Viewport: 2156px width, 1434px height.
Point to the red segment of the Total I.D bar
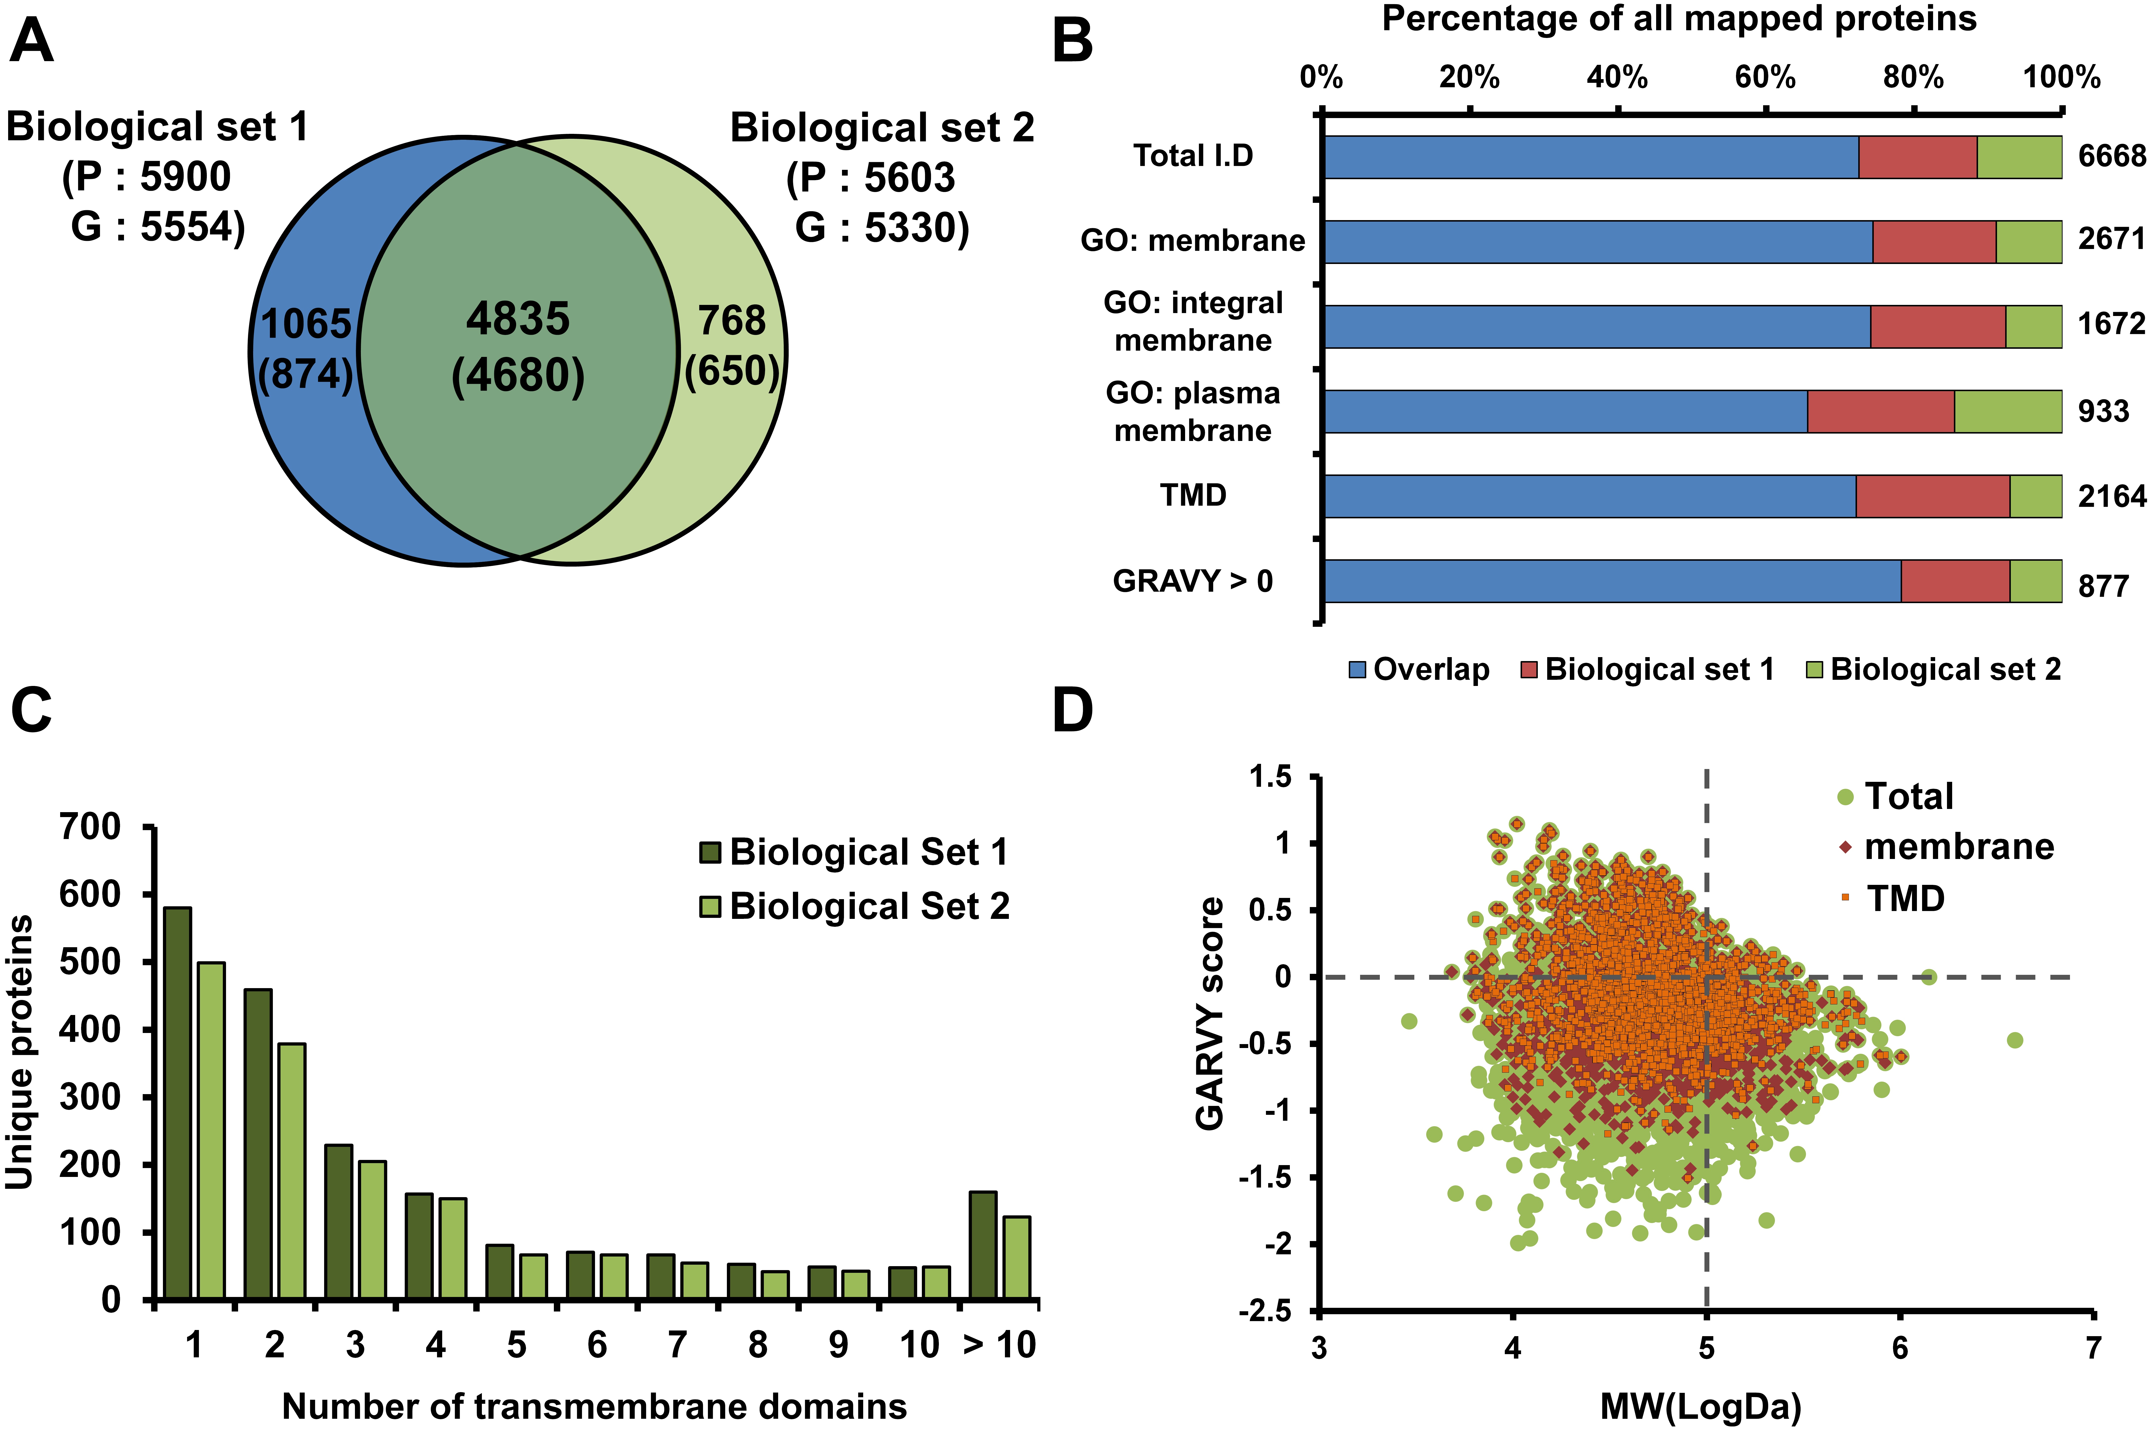1917,157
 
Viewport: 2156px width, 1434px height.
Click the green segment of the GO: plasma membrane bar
2008,412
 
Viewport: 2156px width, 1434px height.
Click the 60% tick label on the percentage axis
1765,77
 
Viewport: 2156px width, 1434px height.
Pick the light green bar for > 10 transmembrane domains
1017,1258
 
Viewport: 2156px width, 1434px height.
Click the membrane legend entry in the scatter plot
1946,847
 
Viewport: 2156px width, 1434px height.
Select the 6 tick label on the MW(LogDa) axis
1900,1347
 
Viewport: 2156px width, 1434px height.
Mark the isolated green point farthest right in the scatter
2014,1040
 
